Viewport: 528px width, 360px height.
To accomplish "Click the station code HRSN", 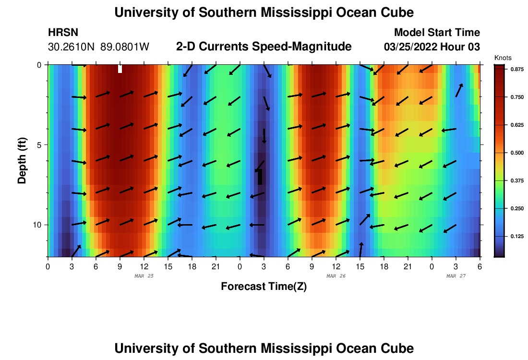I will (x=63, y=33).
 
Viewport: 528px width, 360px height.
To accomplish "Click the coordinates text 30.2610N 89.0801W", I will (x=99, y=47).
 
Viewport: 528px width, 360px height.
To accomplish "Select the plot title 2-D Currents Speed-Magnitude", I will (x=264, y=47).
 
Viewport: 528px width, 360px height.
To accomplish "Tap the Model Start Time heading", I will (x=437, y=33).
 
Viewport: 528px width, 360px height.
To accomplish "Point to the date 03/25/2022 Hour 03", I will (x=432, y=47).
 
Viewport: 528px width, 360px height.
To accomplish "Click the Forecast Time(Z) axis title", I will (x=264, y=287).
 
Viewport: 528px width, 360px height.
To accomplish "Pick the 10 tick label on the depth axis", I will (x=39, y=225).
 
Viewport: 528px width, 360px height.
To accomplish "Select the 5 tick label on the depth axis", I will (x=41, y=144).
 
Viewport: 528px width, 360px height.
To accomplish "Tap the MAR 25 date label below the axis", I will (x=144, y=276).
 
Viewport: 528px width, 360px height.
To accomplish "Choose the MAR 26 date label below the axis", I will (x=336, y=276).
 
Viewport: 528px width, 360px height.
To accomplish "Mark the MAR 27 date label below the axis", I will (x=456, y=276).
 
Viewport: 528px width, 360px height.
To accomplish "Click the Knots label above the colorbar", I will (x=503, y=58).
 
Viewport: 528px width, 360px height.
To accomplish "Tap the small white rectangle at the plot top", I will (x=120, y=69).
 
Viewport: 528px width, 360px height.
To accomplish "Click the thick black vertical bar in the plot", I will (x=260, y=177).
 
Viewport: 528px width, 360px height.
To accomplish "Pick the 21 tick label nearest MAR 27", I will (x=408, y=266).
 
